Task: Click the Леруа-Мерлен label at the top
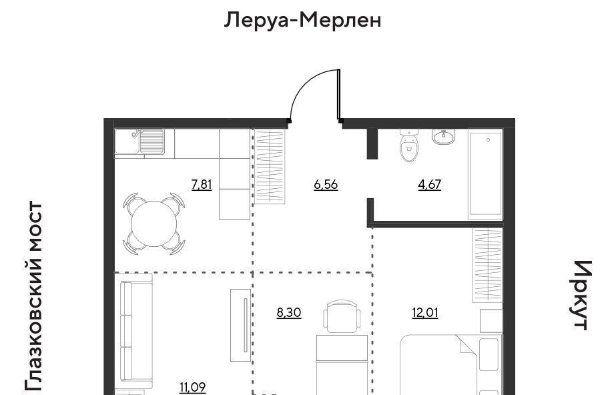[303, 20]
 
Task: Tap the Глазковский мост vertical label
[33, 296]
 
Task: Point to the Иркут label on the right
[580, 295]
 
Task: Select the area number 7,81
[202, 184]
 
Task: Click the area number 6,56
[326, 184]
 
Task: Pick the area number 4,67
[430, 184]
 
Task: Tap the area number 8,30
[289, 312]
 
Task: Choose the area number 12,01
[425, 312]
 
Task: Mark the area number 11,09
[193, 388]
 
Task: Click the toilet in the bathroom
[409, 146]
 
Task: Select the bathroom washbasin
[444, 137]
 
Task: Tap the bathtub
[486, 174]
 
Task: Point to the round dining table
[154, 224]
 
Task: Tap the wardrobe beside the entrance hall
[270, 167]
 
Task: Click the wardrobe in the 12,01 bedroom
[488, 265]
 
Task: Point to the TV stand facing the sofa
[240, 326]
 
